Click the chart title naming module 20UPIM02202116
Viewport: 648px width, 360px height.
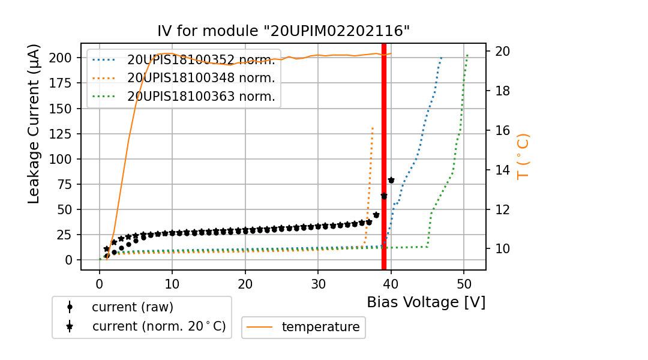pyautogui.click(x=283, y=31)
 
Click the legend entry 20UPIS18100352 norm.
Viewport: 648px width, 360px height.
pyautogui.click(x=200, y=60)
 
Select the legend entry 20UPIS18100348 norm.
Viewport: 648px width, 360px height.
pyautogui.click(x=200, y=78)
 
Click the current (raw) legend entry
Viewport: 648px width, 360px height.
pyautogui.click(x=132, y=307)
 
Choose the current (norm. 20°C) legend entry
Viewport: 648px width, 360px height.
pyautogui.click(x=158, y=326)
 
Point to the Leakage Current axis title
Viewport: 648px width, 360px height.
pyautogui.click(x=34, y=124)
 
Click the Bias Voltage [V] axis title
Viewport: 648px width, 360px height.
pyautogui.click(x=426, y=302)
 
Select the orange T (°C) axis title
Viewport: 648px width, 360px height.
pyautogui.click(x=523, y=156)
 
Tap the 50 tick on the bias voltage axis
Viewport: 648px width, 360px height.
pyautogui.click(x=464, y=283)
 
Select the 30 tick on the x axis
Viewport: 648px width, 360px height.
pyautogui.click(x=318, y=283)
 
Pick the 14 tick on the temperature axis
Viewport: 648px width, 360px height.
pyautogui.click(x=501, y=170)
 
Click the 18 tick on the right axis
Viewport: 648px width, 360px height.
pyautogui.click(x=501, y=91)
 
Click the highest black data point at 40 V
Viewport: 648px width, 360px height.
pyautogui.click(x=391, y=180)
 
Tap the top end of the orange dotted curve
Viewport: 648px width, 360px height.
pyautogui.click(x=373, y=127)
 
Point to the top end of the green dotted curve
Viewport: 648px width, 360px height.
pyautogui.click(x=467, y=55)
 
